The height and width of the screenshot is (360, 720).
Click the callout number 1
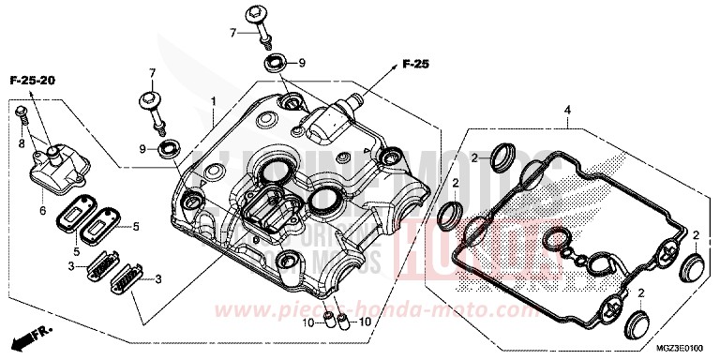click(213, 100)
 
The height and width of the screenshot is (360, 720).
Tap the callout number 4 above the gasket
click(565, 111)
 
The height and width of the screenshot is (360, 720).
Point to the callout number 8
click(22, 143)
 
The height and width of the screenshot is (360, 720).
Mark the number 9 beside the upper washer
click(301, 64)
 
